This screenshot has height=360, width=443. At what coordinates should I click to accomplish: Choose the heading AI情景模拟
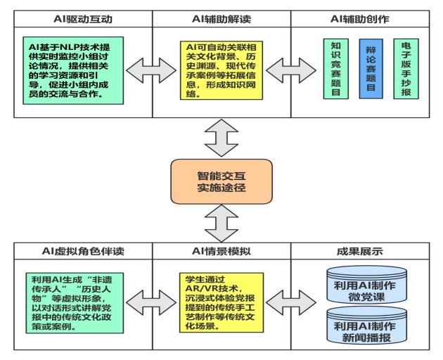click(x=222, y=250)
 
